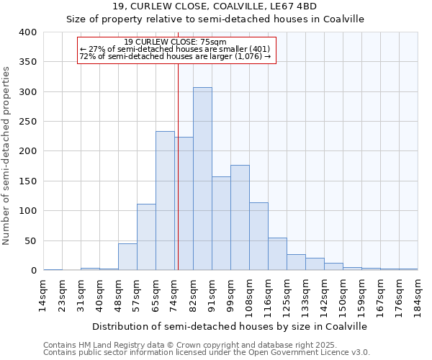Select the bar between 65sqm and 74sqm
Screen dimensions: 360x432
click(165, 201)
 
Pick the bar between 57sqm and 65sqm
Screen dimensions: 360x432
click(146, 237)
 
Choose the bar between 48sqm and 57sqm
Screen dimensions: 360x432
click(127, 257)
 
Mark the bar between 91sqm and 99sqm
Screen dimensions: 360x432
click(221, 223)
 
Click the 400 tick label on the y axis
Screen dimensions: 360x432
click(28, 32)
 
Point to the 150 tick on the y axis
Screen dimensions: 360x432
click(28, 181)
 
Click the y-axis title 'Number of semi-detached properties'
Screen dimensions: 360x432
click(7, 155)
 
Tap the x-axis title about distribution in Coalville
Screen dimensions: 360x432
click(230, 326)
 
